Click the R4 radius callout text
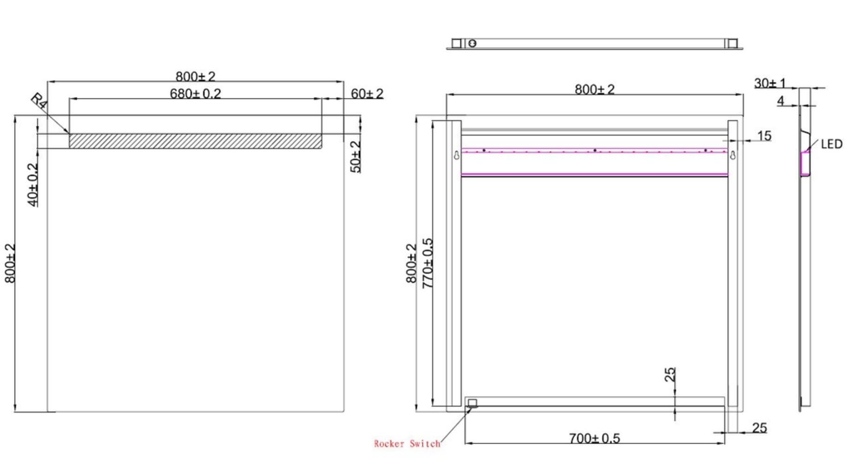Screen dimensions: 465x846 click(39, 101)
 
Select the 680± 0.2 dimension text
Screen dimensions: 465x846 click(195, 93)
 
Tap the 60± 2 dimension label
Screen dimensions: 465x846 click(367, 93)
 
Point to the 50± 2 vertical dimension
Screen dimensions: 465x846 click(355, 157)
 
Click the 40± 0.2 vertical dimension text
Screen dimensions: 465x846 click(33, 185)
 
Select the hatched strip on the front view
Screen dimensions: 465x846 click(195, 141)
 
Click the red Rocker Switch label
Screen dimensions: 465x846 click(407, 444)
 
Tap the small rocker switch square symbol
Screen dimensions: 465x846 click(472, 403)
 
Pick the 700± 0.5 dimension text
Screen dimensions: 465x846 click(594, 438)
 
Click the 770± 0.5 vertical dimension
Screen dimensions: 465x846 click(427, 263)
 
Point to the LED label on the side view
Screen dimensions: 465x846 click(831, 144)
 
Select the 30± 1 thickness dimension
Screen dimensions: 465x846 click(769, 83)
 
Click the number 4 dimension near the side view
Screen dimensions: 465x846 click(780, 100)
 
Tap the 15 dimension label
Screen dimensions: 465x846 click(764, 136)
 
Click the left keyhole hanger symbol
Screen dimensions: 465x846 click(457, 155)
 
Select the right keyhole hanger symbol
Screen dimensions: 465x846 click(733, 155)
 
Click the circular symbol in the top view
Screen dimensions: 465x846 click(472, 43)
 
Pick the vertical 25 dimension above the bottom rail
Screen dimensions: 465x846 click(670, 375)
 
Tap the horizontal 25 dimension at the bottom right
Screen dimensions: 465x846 click(759, 427)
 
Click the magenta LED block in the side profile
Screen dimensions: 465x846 click(805, 164)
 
